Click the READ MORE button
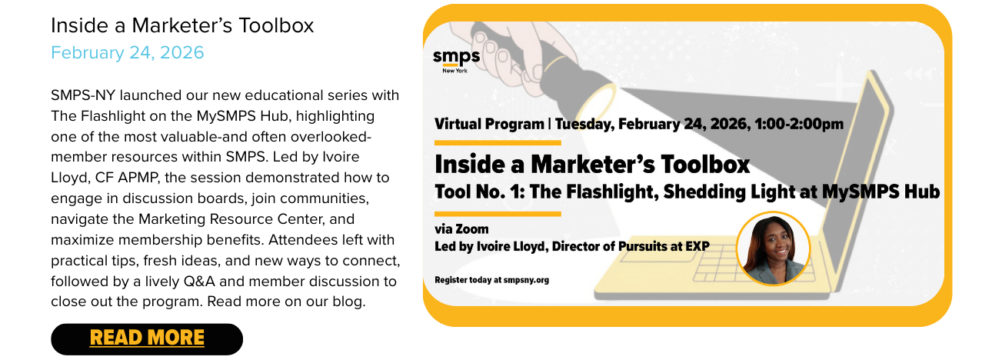pos(147,338)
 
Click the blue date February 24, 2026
pos(127,53)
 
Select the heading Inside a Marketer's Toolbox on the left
pos(182,25)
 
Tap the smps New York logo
pos(456,61)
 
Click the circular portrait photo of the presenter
pos(774,249)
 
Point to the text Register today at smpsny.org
pos(491,280)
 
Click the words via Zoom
pos(461,229)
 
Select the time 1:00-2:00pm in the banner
pos(799,124)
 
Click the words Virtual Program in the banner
pos(489,124)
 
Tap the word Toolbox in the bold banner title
pos(705,165)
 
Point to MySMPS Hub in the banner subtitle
pos(880,192)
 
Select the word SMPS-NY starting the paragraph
pos(83,95)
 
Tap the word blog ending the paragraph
pos(349,302)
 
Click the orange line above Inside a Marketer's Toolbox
pos(498,142)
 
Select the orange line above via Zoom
pos(498,215)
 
